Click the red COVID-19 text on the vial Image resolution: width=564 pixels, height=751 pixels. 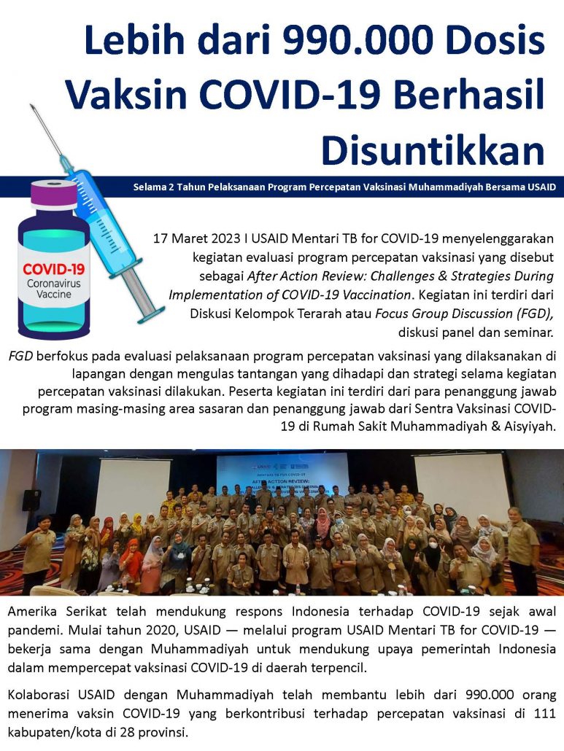[53, 269]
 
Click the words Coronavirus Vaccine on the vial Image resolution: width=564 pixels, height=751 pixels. [53, 289]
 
